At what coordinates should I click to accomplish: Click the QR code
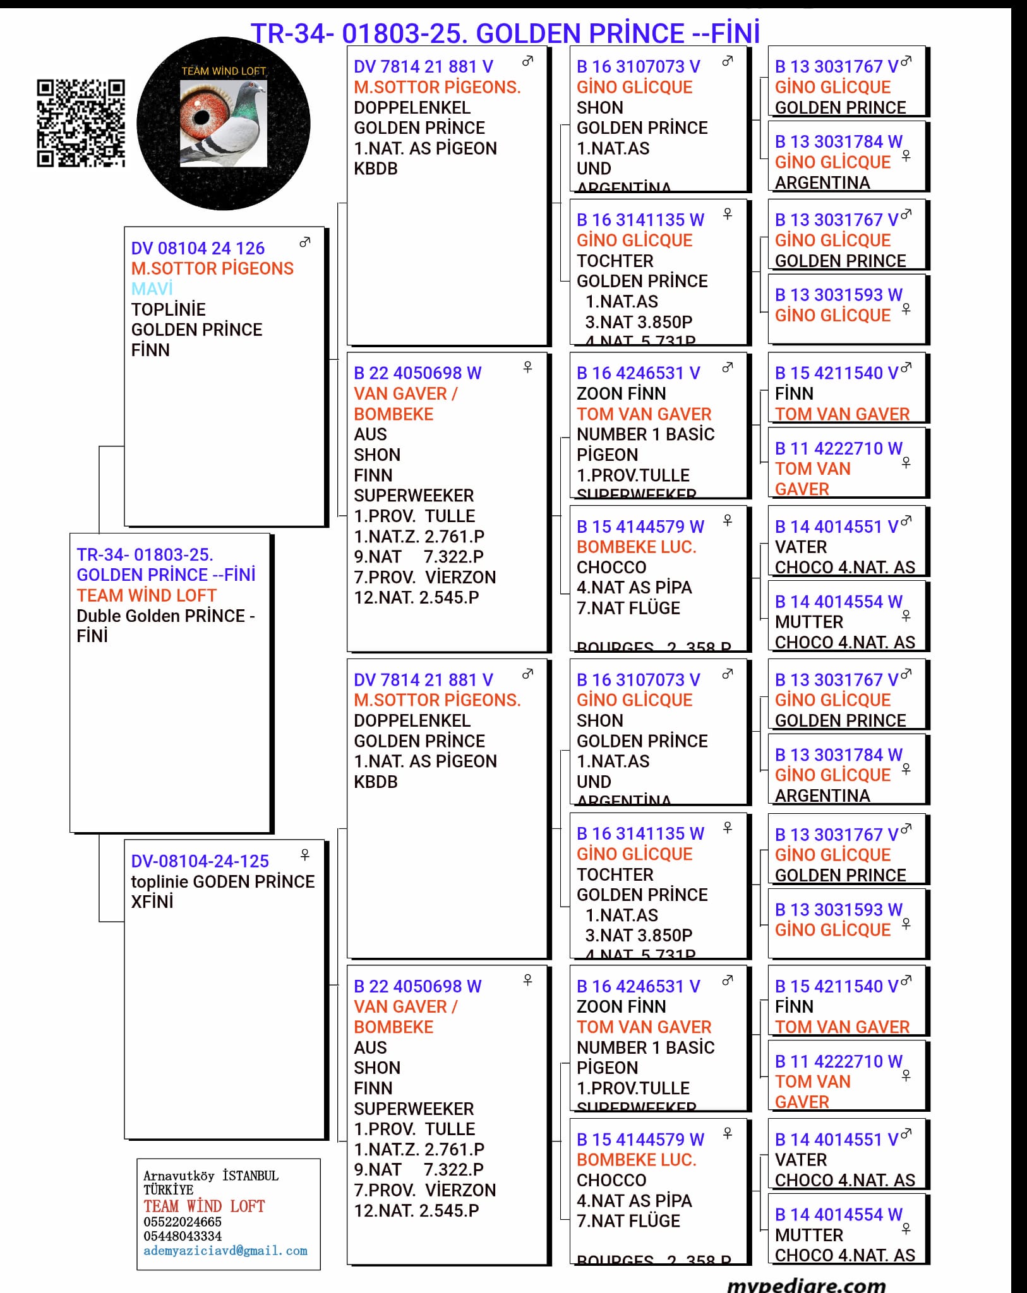[80, 123]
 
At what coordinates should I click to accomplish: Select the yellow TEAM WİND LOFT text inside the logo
[224, 71]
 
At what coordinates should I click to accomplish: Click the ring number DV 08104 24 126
[198, 248]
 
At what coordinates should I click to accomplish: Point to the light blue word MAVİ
[152, 289]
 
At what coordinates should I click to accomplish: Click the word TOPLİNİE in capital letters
[168, 309]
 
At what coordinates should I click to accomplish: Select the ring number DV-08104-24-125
[200, 861]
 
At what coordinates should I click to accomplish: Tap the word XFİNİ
[152, 902]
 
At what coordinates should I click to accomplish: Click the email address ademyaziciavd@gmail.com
[225, 1251]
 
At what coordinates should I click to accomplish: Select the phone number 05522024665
[182, 1222]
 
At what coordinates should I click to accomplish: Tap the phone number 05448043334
[182, 1236]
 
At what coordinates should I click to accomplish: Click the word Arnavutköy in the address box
[179, 1176]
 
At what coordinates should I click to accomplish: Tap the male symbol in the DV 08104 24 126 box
[305, 242]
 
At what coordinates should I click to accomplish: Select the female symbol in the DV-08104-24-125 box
[305, 854]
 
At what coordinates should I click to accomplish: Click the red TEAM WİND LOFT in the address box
[203, 1206]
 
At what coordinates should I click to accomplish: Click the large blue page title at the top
[505, 33]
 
